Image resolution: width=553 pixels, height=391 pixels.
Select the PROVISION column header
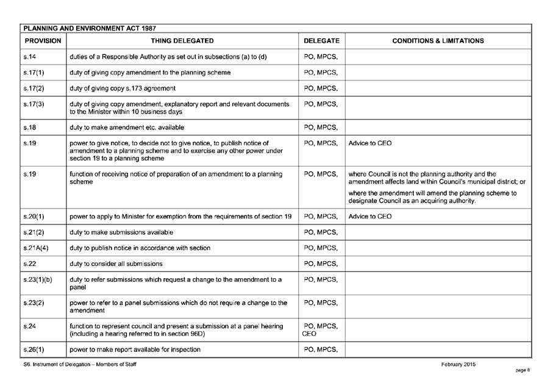point(42,41)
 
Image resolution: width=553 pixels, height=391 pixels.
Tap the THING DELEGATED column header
point(182,41)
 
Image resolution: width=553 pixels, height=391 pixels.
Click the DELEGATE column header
point(321,41)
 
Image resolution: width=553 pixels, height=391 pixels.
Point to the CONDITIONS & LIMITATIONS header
point(438,41)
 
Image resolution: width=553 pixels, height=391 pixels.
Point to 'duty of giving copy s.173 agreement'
point(123,88)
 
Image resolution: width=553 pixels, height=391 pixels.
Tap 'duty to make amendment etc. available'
point(127,127)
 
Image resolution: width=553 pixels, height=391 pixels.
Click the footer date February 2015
point(458,364)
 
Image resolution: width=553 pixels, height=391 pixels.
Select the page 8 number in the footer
point(523,370)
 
